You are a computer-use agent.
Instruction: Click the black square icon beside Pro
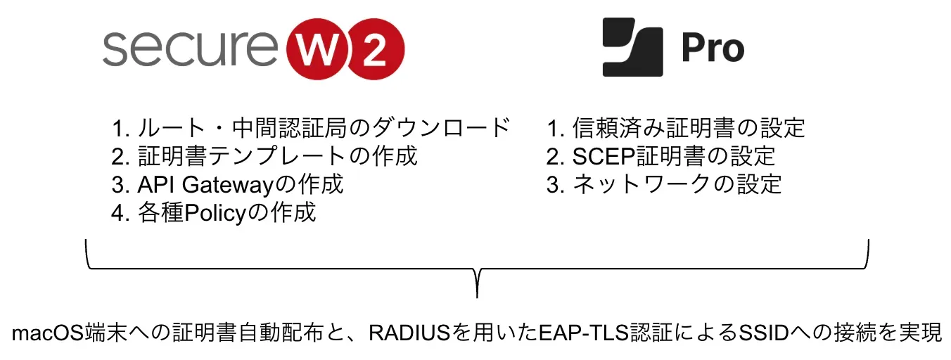point(632,48)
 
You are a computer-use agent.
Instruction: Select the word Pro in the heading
point(713,49)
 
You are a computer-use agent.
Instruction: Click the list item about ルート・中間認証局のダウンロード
point(310,128)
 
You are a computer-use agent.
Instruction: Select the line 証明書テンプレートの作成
point(264,155)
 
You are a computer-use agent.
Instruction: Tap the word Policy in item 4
point(208,212)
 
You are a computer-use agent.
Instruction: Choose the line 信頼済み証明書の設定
point(675,128)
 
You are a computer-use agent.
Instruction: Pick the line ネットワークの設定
point(664,184)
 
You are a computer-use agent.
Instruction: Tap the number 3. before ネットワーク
point(555,184)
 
